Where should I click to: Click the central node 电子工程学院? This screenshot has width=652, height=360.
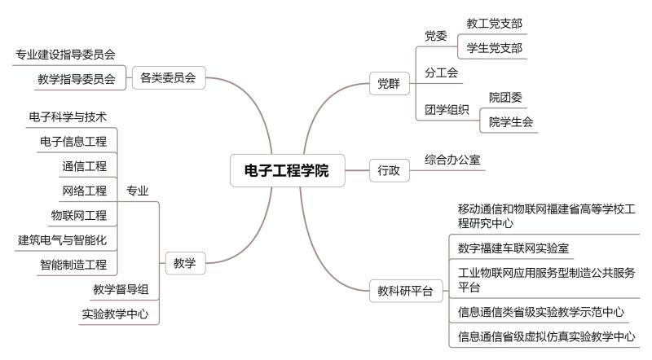(x=288, y=170)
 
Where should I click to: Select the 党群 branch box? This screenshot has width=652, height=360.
(x=390, y=84)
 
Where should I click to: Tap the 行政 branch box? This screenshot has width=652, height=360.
(x=390, y=170)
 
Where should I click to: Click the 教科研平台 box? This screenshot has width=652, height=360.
(x=406, y=291)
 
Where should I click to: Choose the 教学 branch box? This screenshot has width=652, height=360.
(x=186, y=263)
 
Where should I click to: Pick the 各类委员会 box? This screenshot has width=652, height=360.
(x=169, y=77)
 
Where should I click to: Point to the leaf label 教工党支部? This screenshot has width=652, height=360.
(x=495, y=24)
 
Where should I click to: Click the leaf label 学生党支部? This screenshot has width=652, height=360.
(x=495, y=48)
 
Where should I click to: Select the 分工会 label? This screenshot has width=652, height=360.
(x=442, y=72)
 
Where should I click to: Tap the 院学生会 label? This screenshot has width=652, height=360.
(x=511, y=122)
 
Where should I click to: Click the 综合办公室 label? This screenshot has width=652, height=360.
(x=453, y=160)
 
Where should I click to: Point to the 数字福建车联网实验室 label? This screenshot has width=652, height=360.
(x=513, y=248)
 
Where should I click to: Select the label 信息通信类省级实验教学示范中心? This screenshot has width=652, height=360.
(x=541, y=312)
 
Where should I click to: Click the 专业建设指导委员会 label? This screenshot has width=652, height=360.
(x=66, y=55)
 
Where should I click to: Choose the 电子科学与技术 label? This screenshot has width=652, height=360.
(x=68, y=116)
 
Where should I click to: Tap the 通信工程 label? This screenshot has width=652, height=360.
(x=85, y=166)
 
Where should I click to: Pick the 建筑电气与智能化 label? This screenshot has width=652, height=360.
(x=63, y=239)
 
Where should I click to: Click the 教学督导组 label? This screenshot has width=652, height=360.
(x=121, y=289)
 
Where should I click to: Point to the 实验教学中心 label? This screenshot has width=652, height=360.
(x=115, y=314)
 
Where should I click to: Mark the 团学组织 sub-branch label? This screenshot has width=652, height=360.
(x=447, y=110)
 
